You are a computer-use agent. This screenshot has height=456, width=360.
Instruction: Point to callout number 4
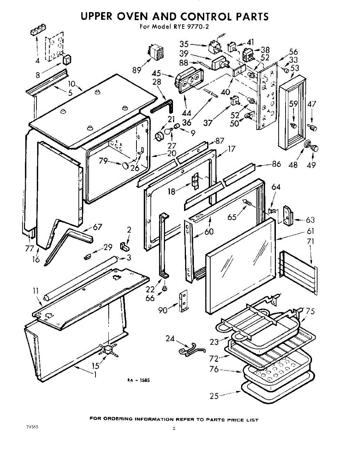pos(37,61)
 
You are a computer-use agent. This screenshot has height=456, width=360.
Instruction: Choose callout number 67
pos(98,227)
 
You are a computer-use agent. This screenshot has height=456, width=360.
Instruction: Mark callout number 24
pos(170,338)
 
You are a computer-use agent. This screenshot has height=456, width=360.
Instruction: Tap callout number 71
pos(311,242)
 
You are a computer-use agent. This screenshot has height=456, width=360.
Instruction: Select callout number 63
pos(310,220)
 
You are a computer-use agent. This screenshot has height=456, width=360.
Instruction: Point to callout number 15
pos(95,366)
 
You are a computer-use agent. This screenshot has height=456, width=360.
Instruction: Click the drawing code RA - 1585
pos(137,380)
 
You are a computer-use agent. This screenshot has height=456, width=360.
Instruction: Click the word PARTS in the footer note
pos(216,420)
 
